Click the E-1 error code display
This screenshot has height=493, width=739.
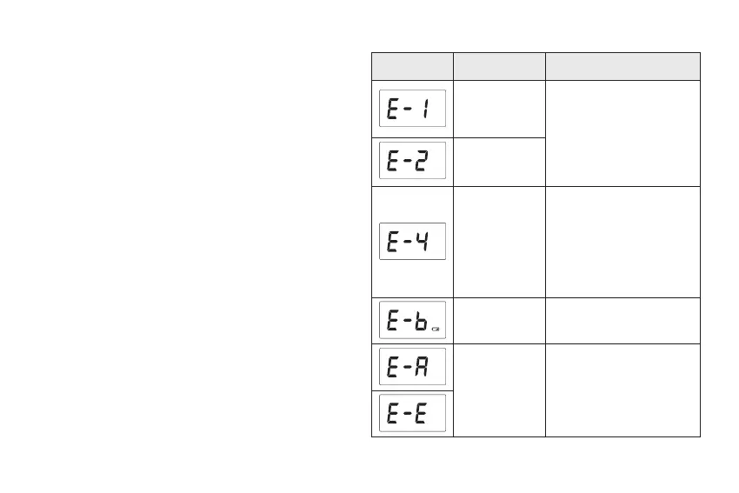412,108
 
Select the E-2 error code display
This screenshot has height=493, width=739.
412,161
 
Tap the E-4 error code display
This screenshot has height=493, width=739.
412,241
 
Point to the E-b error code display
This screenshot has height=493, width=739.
412,320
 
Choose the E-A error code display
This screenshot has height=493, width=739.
412,366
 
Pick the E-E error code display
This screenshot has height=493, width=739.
412,412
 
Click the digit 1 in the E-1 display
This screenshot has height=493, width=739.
426,108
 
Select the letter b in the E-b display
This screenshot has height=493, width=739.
421,321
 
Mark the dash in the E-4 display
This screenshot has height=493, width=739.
408,241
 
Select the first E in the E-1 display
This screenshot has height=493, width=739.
393,108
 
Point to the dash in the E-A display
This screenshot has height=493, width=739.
408,366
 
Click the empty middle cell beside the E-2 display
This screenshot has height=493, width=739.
499,161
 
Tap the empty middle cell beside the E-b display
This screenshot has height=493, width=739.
499,320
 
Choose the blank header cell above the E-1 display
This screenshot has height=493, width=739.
412,66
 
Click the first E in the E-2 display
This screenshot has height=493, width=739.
393,161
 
